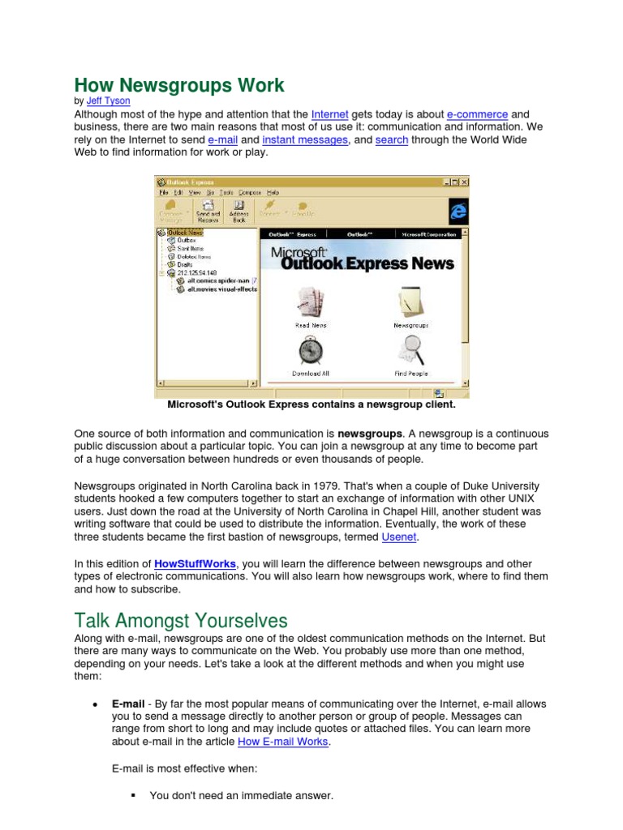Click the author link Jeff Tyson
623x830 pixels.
[x=108, y=102]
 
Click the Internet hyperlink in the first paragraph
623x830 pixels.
[x=329, y=115]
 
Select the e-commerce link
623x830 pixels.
[x=477, y=115]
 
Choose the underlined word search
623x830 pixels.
[x=392, y=140]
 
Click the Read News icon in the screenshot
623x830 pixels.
[x=310, y=304]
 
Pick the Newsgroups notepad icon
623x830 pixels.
[x=410, y=304]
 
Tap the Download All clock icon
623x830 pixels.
[x=310, y=352]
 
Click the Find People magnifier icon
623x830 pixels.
[x=410, y=352]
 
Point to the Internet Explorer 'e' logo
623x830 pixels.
[x=458, y=211]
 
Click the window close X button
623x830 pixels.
[x=464, y=182]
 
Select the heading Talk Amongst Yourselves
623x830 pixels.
[x=180, y=621]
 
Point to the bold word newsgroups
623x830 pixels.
[x=369, y=434]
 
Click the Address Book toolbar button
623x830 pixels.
[x=238, y=212]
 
